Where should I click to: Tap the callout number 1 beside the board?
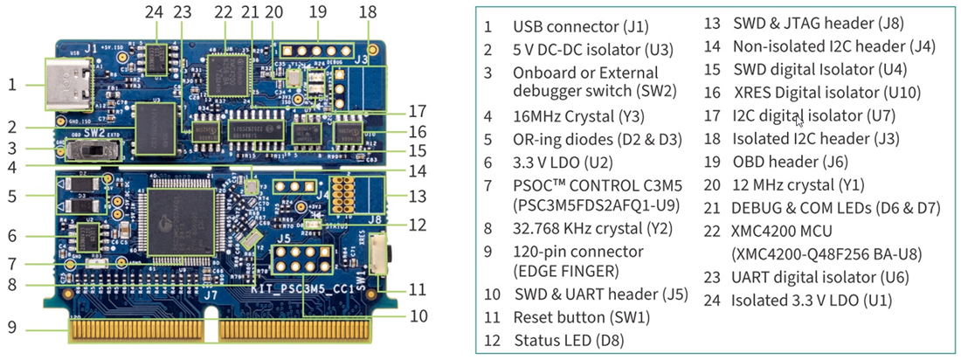[x=12, y=85]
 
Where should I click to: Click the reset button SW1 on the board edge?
[x=378, y=254]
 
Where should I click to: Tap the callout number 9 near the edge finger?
[x=11, y=329]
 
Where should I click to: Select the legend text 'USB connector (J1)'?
[x=580, y=27]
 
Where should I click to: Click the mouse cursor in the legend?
[x=799, y=121]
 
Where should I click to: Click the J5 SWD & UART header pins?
[x=294, y=260]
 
